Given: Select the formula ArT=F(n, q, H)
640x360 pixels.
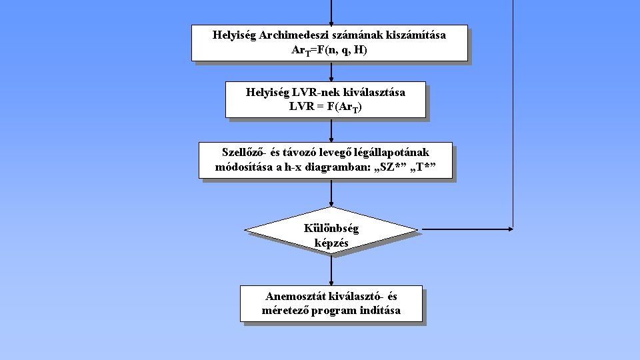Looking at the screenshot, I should click(x=329, y=51).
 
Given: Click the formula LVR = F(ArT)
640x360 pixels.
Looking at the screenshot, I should click(x=325, y=107).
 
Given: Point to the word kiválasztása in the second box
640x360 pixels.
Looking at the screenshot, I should click(x=375, y=92).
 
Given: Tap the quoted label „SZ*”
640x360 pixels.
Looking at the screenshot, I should click(x=391, y=167).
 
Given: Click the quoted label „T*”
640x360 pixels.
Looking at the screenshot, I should click(x=425, y=167).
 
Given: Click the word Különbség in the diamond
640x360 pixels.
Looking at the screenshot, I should click(x=331, y=229).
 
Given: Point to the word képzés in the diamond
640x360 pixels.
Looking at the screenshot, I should click(x=331, y=243).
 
